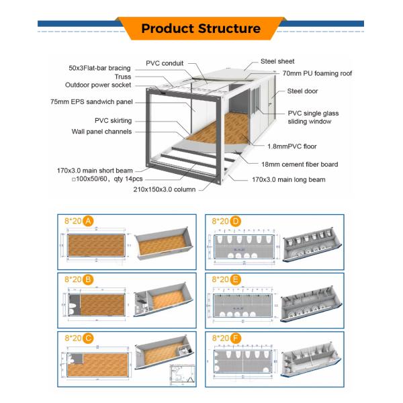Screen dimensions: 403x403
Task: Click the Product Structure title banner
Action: (x=201, y=28)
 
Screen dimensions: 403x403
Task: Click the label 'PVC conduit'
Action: (x=166, y=63)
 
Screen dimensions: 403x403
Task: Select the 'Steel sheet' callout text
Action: (x=276, y=61)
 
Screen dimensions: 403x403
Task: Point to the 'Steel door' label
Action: (x=303, y=91)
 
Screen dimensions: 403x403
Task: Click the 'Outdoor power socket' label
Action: (x=98, y=85)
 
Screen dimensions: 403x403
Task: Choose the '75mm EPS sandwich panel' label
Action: (x=91, y=102)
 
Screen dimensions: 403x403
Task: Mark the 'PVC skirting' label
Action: (x=114, y=120)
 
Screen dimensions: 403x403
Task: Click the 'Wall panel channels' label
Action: (x=101, y=132)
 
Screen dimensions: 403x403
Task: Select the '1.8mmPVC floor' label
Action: (x=292, y=146)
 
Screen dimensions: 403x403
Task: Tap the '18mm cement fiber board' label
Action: (x=300, y=164)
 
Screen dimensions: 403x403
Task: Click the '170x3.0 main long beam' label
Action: (x=288, y=179)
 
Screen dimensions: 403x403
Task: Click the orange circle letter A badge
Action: (x=89, y=220)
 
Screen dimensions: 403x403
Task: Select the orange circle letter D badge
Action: (x=236, y=220)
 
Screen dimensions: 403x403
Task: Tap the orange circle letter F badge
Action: (x=236, y=338)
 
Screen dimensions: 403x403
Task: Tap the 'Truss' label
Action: (x=122, y=77)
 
